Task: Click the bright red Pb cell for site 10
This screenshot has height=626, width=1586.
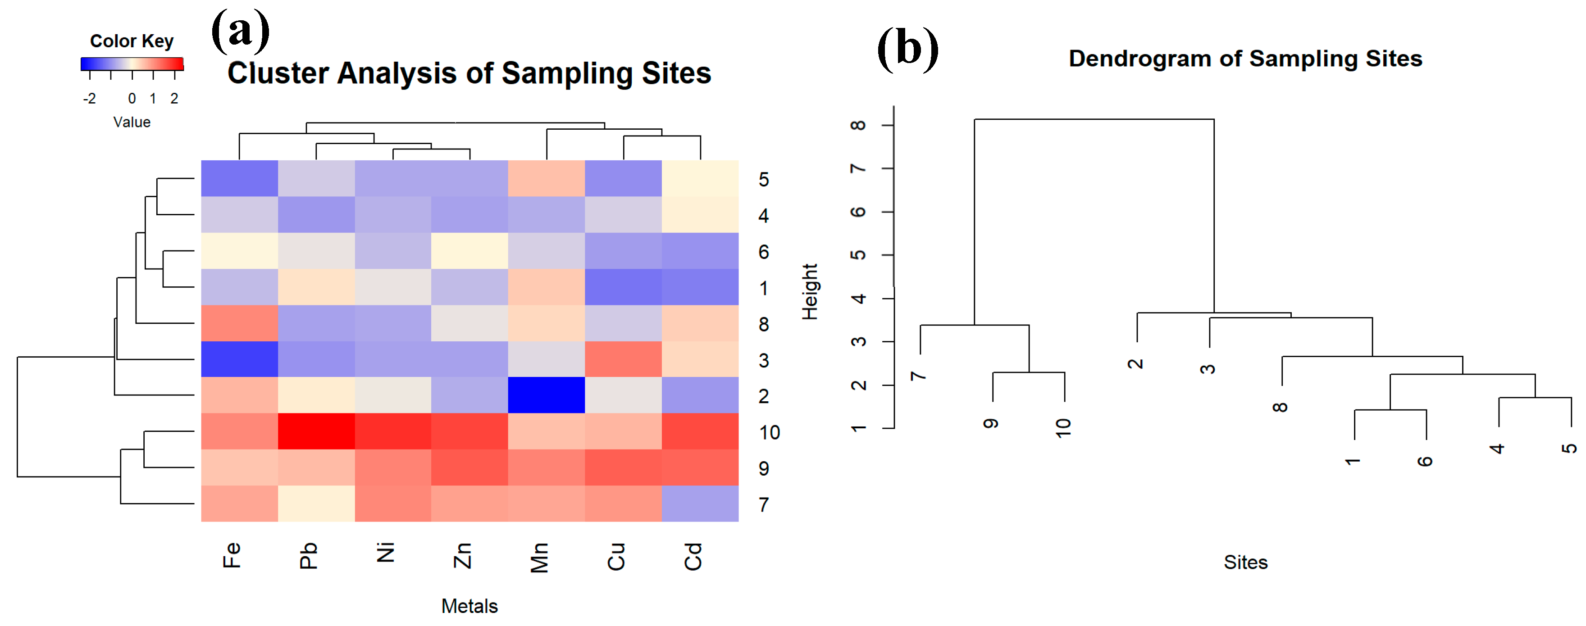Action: (316, 431)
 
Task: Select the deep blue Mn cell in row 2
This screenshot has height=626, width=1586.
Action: (546, 395)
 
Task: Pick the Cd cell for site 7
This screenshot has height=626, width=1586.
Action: (700, 504)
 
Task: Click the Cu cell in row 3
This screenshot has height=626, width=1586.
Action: (623, 359)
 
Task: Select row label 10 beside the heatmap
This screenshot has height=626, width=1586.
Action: (769, 433)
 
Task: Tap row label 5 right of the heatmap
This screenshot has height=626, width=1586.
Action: (763, 180)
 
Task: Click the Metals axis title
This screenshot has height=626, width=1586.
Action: (469, 606)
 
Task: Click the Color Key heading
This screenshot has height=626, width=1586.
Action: (131, 41)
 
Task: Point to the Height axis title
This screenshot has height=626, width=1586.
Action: (810, 292)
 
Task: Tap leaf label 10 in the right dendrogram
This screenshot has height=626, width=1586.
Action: (1063, 427)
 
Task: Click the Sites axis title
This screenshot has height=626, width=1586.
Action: (1245, 562)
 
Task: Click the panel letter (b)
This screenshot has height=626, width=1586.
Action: (907, 49)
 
